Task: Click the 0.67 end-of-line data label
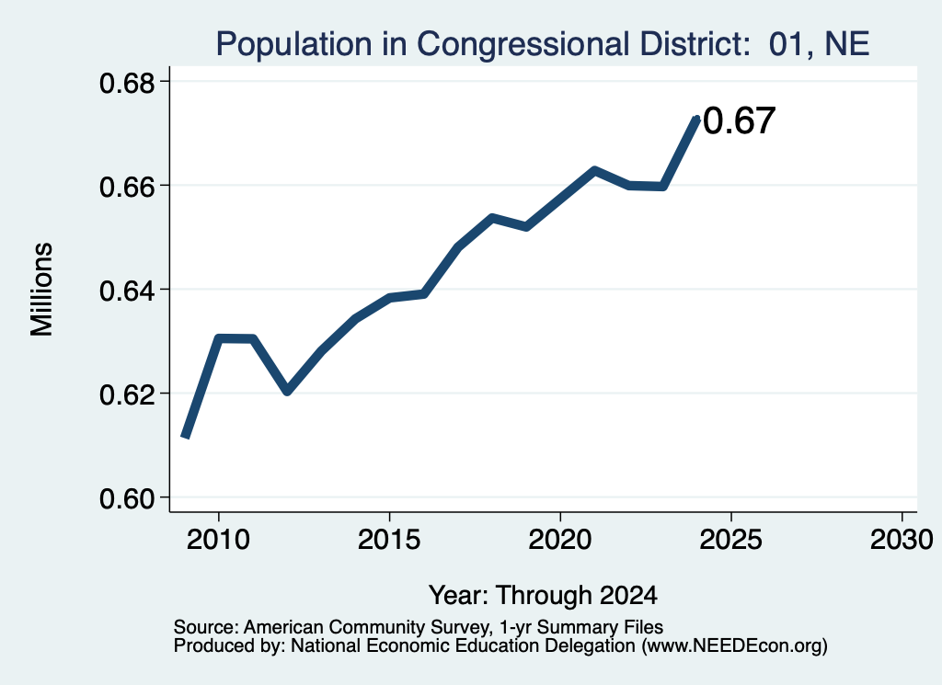739,120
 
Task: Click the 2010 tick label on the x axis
218,539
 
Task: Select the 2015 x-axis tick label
389,539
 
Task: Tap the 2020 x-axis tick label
560,539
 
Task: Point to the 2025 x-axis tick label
731,539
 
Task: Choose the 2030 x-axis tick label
902,539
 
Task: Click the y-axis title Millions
41,290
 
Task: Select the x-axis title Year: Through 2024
543,596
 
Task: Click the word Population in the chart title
293,44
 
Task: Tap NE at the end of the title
847,43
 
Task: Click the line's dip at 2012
287,391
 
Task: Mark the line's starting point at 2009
185,437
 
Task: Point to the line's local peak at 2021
594,170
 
